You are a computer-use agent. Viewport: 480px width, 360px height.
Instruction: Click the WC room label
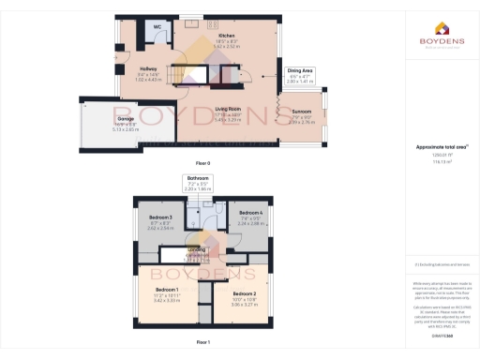(x=157, y=27)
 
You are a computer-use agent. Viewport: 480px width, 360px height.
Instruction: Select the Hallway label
(x=148, y=68)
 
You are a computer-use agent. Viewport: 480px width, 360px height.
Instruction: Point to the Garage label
(x=125, y=119)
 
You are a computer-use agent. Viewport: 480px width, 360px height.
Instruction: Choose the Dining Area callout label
(x=299, y=70)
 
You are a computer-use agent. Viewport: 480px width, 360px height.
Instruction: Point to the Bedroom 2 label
(x=243, y=294)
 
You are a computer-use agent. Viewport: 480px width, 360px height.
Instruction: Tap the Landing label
(x=197, y=249)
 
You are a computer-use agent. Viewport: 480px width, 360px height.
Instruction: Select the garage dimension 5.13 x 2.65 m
(x=125, y=130)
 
